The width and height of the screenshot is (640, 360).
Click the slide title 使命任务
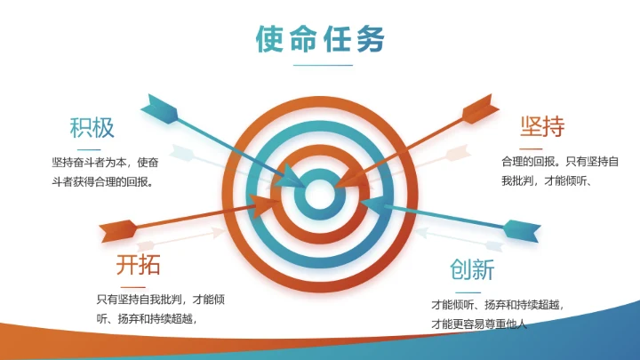click(320, 40)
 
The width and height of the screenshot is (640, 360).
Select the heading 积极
click(92, 127)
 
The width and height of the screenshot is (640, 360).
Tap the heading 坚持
click(542, 127)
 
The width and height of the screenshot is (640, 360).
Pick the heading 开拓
click(138, 265)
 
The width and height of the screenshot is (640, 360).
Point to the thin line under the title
click(323, 65)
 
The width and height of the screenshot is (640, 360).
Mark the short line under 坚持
click(531, 148)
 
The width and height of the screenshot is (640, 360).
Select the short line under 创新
click(468, 292)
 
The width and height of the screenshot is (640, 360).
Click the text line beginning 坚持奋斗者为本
click(106, 163)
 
